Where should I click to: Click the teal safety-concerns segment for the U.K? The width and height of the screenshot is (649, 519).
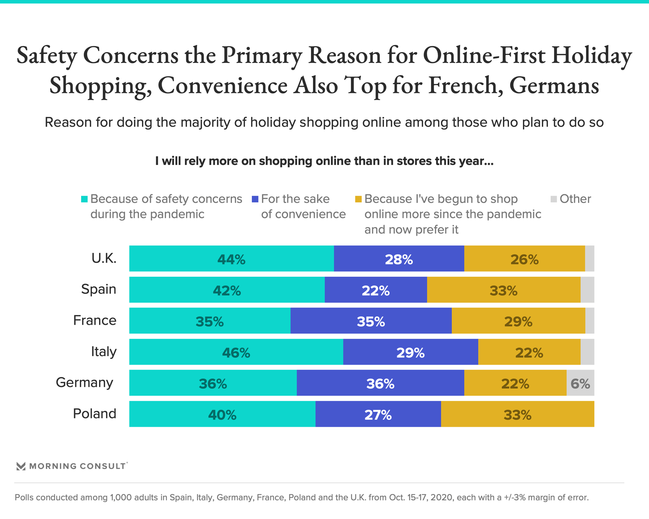[232, 258]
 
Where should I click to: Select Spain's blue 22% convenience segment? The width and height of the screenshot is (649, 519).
[376, 290]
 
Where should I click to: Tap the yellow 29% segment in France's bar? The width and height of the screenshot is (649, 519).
[518, 321]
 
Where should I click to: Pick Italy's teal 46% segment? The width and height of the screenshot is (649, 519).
[236, 352]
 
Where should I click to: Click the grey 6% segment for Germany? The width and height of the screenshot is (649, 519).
[580, 383]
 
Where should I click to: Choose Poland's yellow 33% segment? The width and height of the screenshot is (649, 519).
[517, 414]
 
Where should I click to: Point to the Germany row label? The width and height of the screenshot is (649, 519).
[85, 382]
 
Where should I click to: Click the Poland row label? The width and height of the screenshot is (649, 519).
[95, 414]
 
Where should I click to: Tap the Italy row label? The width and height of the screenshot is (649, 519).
[104, 351]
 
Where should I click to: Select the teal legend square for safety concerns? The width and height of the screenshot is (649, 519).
[85, 199]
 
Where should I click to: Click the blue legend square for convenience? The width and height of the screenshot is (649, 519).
[255, 199]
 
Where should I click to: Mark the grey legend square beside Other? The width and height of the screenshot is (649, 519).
[554, 199]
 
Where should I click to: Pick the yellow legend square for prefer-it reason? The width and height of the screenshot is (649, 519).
[358, 199]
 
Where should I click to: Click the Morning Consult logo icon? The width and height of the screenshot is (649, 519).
[21, 466]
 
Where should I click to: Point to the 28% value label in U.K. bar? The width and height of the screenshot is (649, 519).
[399, 259]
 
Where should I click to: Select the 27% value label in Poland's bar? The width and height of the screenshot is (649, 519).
[378, 415]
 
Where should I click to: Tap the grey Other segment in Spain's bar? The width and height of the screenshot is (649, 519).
[587, 290]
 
